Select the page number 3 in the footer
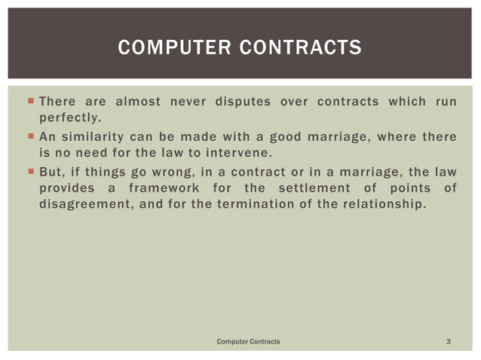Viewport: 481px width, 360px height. (x=449, y=341)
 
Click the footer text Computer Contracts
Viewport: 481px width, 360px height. (x=248, y=341)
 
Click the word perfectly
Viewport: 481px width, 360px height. (x=69, y=118)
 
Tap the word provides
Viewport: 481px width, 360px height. (x=66, y=187)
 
